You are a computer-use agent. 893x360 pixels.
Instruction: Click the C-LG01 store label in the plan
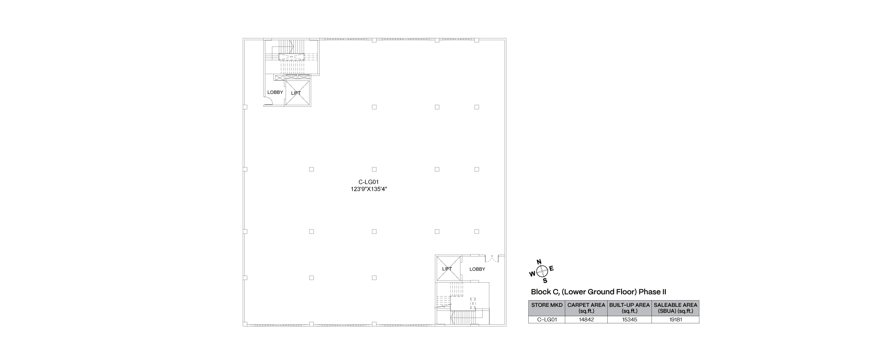(x=368, y=182)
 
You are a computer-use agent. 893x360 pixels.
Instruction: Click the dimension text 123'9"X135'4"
(x=368, y=189)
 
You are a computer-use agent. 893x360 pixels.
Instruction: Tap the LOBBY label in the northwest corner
(x=275, y=92)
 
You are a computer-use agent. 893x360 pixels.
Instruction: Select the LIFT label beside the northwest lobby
(x=296, y=93)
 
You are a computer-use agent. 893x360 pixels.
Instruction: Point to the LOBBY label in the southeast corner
(x=477, y=269)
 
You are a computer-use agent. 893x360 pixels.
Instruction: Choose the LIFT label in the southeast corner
(x=447, y=269)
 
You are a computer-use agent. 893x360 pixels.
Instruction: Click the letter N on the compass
(x=539, y=262)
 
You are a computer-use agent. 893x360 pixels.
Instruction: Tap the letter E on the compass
(x=551, y=268)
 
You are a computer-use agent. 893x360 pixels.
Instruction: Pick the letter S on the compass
(x=545, y=281)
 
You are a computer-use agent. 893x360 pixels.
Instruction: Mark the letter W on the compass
(x=532, y=274)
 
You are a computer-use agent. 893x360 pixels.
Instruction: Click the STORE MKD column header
(x=547, y=305)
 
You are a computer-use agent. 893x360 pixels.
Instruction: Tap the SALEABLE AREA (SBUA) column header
(x=676, y=308)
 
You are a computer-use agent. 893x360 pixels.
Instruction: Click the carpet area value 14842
(x=586, y=320)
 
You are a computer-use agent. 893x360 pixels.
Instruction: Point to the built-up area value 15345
(x=629, y=320)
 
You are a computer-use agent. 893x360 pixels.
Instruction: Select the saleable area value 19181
(x=676, y=320)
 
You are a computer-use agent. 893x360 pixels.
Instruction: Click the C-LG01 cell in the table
(x=547, y=320)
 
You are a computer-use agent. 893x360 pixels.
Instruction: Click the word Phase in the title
(x=650, y=292)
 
